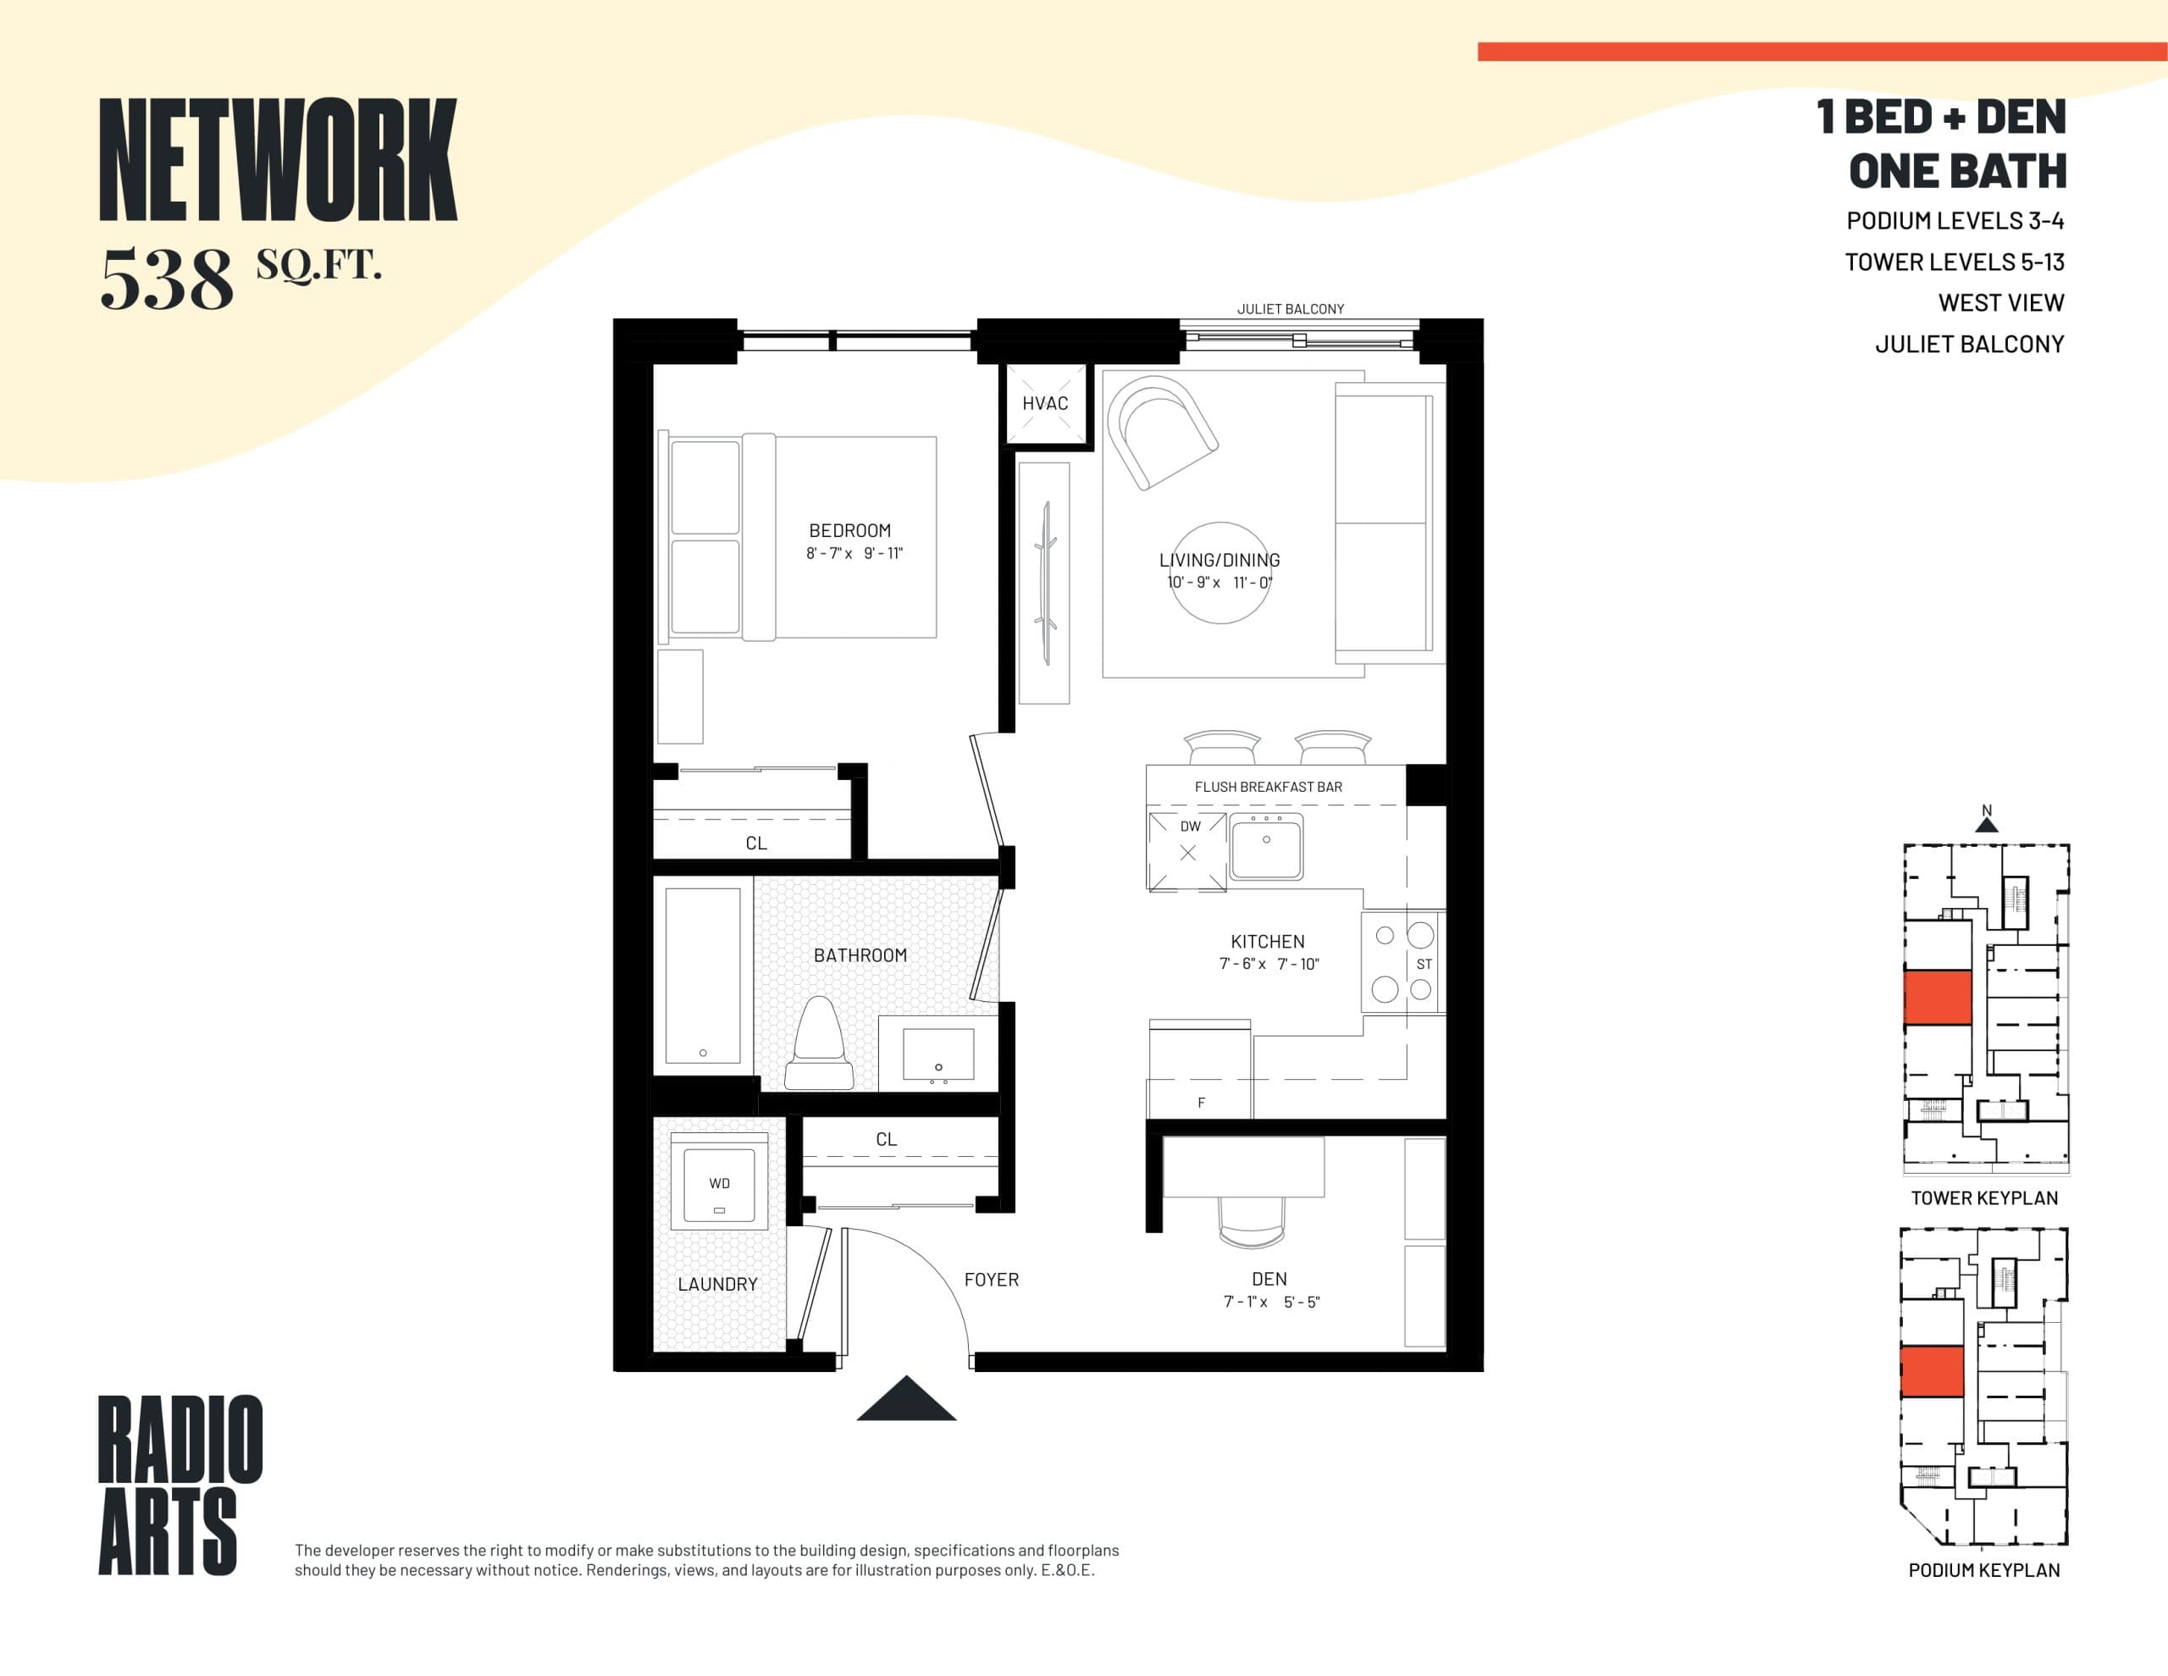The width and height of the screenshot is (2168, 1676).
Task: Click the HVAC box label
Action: (x=1045, y=403)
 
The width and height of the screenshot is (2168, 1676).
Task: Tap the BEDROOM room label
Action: (x=849, y=531)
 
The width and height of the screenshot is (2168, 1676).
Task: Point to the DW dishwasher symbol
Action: (x=1188, y=851)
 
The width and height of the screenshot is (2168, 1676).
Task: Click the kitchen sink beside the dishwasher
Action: (x=1266, y=846)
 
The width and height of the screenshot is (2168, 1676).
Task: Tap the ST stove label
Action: (x=1424, y=964)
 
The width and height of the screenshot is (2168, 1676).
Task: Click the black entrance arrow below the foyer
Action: (x=906, y=1400)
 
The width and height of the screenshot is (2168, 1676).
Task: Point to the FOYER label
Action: (x=991, y=1280)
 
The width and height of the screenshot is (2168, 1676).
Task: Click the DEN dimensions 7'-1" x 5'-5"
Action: (x=1270, y=1302)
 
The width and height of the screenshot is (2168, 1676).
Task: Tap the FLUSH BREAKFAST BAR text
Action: (x=1268, y=787)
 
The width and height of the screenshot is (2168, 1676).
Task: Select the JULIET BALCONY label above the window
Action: (x=1290, y=309)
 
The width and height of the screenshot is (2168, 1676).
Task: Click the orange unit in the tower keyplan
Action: (x=1937, y=998)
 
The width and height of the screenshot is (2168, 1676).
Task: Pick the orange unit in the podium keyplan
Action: (x=1932, y=1371)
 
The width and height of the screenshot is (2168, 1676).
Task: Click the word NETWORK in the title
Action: (x=278, y=161)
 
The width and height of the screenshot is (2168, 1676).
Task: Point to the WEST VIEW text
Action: (x=2000, y=303)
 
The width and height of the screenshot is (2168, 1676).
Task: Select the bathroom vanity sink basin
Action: (x=938, y=1054)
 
